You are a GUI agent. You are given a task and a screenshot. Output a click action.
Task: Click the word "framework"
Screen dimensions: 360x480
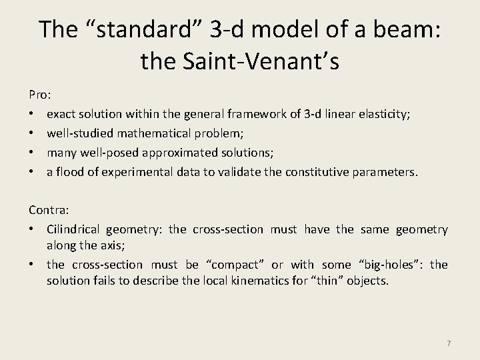(x=254, y=115)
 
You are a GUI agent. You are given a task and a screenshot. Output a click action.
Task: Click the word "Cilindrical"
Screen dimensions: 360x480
(x=73, y=229)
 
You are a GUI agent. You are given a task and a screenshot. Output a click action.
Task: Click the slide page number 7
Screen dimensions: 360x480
(x=449, y=343)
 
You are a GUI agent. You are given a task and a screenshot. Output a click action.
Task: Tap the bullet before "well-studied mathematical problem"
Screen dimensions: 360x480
(x=33, y=134)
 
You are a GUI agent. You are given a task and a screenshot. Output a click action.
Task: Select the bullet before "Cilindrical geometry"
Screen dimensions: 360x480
(x=33, y=229)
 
